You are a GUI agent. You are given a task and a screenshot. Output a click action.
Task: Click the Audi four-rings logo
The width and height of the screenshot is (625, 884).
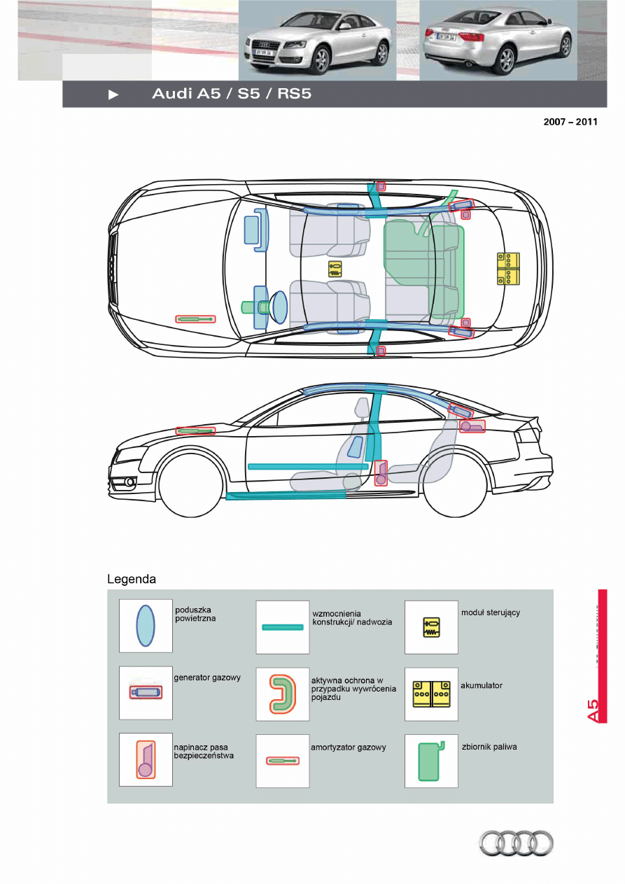[x=516, y=843]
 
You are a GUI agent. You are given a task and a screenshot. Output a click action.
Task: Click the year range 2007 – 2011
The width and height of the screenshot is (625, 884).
[x=570, y=122]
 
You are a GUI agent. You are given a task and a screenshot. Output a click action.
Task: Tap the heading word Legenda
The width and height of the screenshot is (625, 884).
[x=131, y=580]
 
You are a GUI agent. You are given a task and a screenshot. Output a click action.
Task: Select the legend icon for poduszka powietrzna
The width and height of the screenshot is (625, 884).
[x=146, y=626]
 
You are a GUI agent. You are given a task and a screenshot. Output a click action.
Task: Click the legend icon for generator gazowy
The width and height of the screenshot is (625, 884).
[x=146, y=692]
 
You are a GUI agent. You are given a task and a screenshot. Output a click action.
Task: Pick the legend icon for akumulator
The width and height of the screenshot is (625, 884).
[x=431, y=694]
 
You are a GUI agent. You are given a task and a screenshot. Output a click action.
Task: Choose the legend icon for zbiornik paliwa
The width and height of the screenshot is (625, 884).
[x=431, y=761]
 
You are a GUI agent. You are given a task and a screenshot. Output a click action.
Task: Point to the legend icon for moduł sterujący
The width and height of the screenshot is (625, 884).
[x=431, y=626]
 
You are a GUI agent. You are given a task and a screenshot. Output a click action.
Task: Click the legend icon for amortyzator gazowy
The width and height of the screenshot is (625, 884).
[x=283, y=761]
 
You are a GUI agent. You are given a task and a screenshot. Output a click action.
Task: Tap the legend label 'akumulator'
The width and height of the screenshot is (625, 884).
[x=482, y=686]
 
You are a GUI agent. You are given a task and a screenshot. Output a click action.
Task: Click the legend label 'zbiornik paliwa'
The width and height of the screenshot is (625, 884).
[x=489, y=747]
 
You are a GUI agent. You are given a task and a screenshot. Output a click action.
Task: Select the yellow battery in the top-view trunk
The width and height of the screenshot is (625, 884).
[x=509, y=269]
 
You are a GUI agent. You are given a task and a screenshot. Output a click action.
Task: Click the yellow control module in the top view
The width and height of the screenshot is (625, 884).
[x=335, y=269]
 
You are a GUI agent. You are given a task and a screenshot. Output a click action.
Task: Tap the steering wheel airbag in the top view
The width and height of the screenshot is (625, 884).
[x=279, y=307]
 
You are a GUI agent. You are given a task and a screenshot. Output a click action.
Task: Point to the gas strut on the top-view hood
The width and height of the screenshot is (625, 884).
[x=195, y=319]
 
